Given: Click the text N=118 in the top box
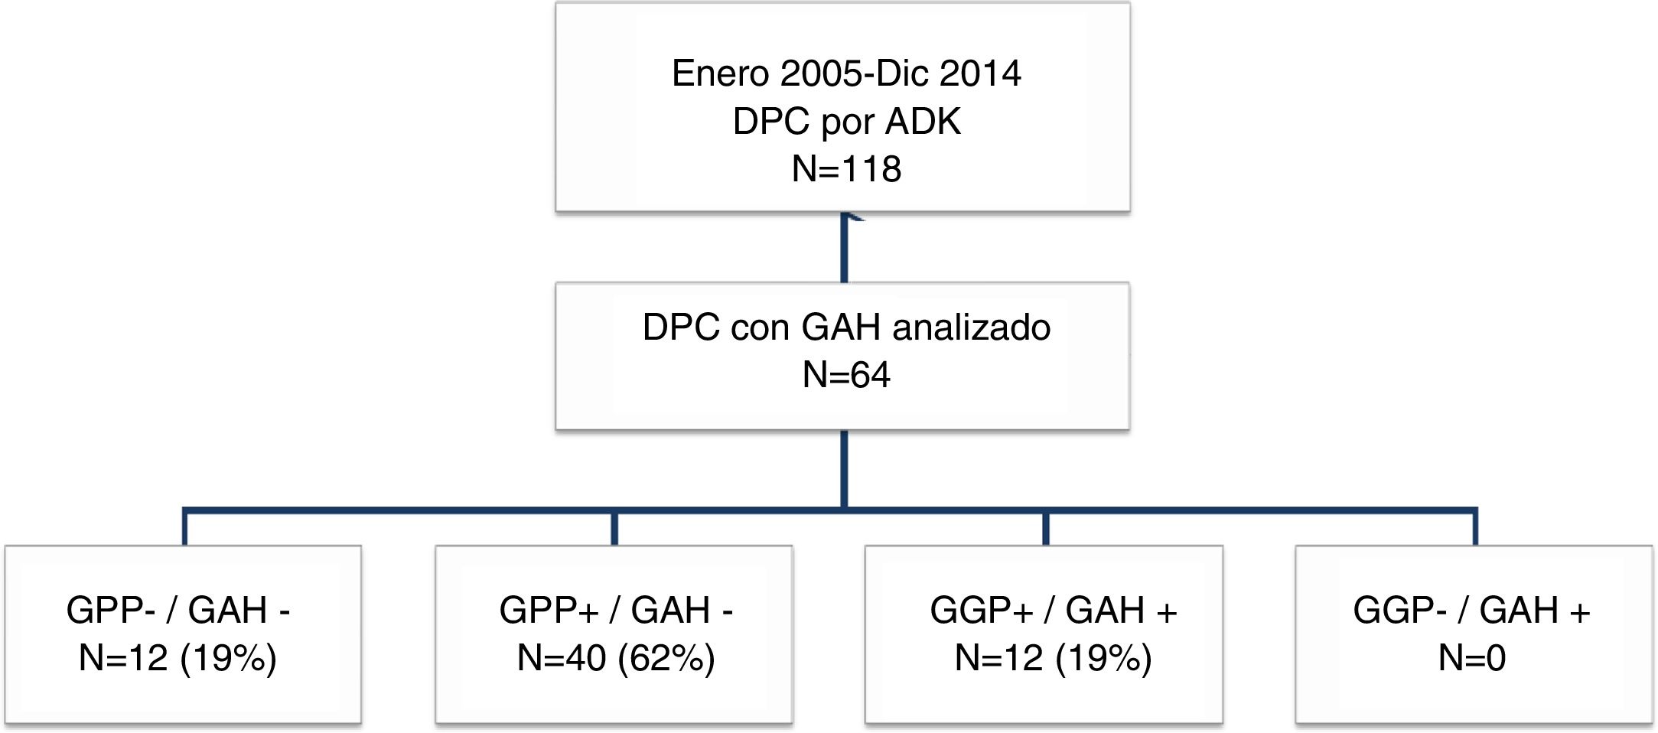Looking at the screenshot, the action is [846, 169].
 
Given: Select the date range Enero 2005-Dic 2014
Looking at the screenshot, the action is [846, 73].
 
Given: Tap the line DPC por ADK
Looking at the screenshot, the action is [846, 122].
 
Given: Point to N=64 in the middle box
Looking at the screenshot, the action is [846, 375].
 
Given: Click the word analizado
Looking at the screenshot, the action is [971, 327].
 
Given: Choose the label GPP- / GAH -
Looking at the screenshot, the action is [178, 611].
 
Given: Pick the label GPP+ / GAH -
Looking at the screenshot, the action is [616, 611].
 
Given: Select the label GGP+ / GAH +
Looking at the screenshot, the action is [1053, 611].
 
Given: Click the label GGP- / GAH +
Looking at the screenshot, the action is [1471, 611].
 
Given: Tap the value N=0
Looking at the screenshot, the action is [1471, 658].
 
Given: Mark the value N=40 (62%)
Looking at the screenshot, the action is [616, 658].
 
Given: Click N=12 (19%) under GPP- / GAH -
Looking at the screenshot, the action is [178, 658].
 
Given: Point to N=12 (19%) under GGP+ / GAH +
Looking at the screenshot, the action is [1053, 658].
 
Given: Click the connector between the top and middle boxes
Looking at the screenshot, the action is [844, 248].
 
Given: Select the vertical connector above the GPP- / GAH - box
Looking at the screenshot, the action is [184, 528].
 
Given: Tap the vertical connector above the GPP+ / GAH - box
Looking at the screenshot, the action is [614, 528].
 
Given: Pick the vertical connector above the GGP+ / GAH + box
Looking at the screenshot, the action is [1046, 528].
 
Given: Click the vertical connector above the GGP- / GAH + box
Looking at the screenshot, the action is [1475, 528].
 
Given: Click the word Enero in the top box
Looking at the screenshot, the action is [720, 73].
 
